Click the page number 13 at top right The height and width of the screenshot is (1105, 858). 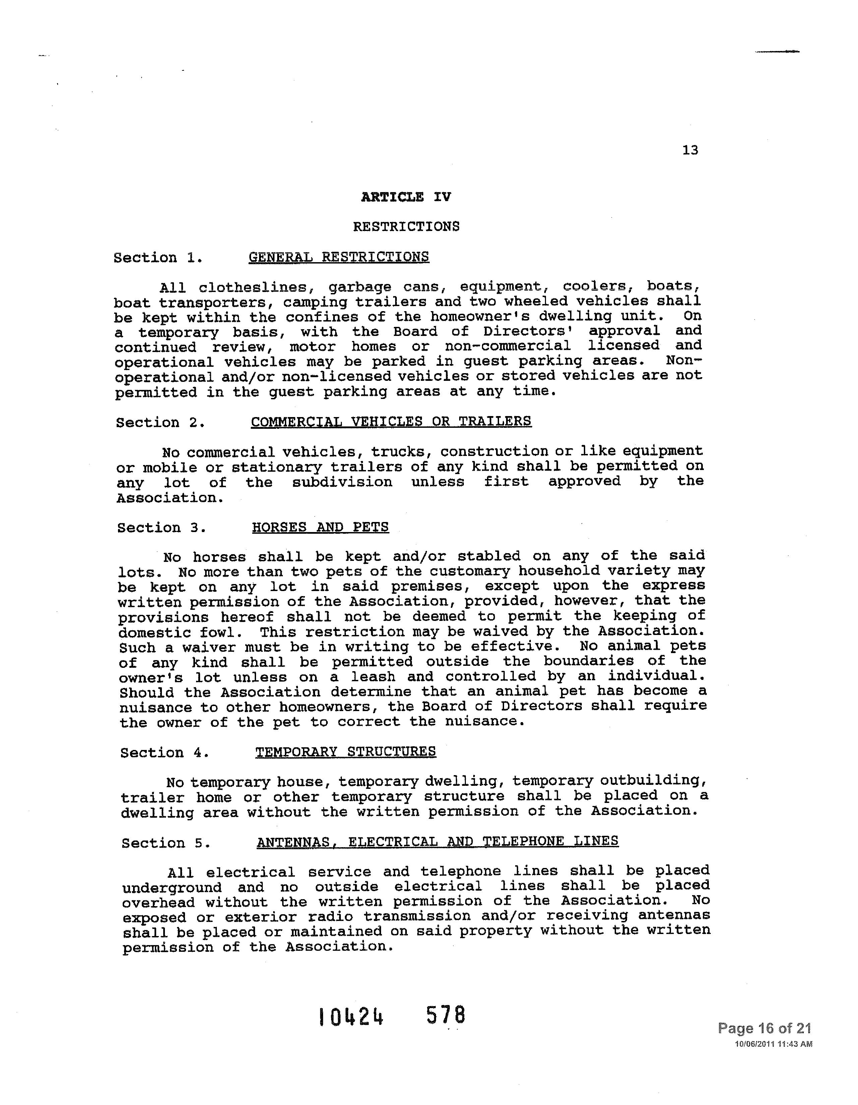click(690, 150)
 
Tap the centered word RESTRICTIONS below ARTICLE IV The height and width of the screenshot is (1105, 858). click(406, 226)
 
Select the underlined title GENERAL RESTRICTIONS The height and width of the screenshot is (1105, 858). click(339, 257)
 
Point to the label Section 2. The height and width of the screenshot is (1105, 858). click(160, 422)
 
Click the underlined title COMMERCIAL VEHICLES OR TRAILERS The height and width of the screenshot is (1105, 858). click(391, 421)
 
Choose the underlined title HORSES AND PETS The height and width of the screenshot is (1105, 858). click(320, 527)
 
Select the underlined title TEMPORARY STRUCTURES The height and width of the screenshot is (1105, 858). click(346, 752)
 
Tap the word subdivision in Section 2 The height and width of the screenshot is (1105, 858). click(342, 482)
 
